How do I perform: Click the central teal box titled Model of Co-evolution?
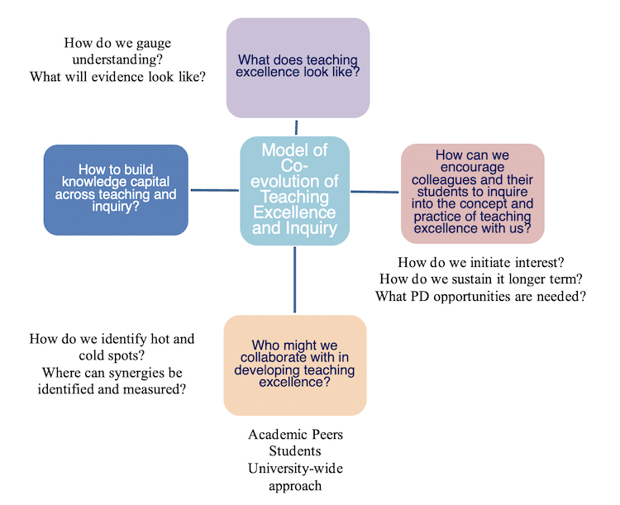[x=294, y=190]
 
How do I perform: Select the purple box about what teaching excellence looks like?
[x=298, y=67]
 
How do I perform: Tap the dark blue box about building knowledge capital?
[x=116, y=189]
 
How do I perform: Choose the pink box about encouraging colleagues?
[x=472, y=193]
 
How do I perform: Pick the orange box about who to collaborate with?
[x=294, y=364]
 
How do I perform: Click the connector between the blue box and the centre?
[x=215, y=190]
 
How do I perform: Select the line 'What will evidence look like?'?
[x=117, y=76]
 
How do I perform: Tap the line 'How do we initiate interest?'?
[x=480, y=262]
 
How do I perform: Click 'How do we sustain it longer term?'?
[x=480, y=279]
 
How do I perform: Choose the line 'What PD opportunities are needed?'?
[x=480, y=296]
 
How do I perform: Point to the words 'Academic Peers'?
[x=294, y=434]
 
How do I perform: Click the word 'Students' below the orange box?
[x=294, y=451]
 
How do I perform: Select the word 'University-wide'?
[x=294, y=469]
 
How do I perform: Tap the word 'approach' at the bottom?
[x=294, y=485]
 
